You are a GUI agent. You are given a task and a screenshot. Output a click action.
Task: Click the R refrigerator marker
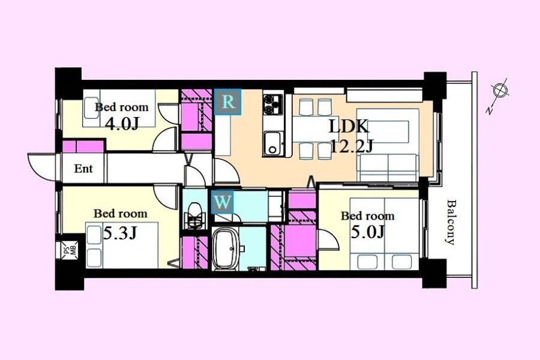click(x=228, y=102)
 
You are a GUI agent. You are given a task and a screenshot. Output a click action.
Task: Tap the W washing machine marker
click(x=222, y=202)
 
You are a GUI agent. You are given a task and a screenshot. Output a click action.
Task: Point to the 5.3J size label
click(x=120, y=233)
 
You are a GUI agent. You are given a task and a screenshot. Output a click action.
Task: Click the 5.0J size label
click(x=367, y=232)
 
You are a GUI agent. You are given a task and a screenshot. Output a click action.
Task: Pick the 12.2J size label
click(x=351, y=146)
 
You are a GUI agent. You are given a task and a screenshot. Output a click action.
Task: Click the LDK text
click(x=349, y=127)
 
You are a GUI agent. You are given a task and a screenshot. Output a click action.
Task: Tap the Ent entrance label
click(x=83, y=169)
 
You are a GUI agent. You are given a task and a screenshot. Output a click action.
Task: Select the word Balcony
click(x=451, y=222)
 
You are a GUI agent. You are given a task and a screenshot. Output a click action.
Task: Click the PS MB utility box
click(x=70, y=250)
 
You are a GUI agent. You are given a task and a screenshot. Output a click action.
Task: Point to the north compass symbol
click(x=499, y=95)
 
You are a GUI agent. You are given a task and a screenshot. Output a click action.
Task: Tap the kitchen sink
click(x=274, y=143)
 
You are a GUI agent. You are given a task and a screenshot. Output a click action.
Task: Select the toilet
click(x=194, y=215)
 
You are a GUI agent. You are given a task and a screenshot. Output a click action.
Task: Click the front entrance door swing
click(x=42, y=167)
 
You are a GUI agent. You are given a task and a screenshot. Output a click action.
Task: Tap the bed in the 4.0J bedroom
click(x=119, y=108)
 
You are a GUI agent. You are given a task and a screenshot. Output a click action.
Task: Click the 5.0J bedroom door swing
click(x=328, y=239)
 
